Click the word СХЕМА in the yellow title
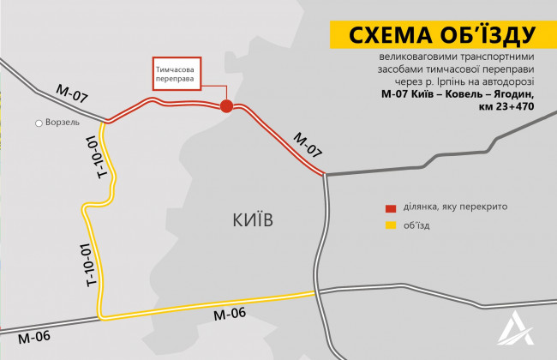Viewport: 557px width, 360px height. tap(387, 35)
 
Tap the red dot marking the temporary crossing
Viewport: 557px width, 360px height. tap(226, 105)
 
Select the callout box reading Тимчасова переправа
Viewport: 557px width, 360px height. tap(177, 73)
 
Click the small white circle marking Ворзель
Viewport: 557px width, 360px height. tap(39, 123)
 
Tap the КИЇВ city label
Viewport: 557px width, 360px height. tap(253, 220)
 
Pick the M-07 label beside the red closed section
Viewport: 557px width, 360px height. tap(308, 144)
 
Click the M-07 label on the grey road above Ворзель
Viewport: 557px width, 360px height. tap(73, 95)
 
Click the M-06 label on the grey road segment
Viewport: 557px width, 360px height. tap(33, 335)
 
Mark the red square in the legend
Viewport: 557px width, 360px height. tap(390, 208)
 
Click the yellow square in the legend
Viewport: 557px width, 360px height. tap(390, 226)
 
